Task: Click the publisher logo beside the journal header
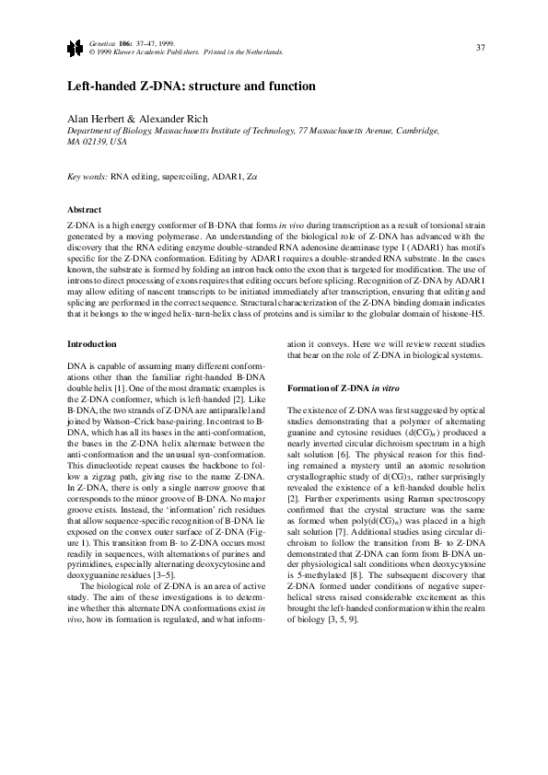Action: pyautogui.click(x=74, y=47)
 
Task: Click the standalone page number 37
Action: pyautogui.click(x=480, y=47)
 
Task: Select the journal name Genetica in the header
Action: pyautogui.click(x=100, y=43)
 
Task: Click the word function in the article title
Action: pyautogui.click(x=292, y=87)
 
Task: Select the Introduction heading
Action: pyautogui.click(x=92, y=344)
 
